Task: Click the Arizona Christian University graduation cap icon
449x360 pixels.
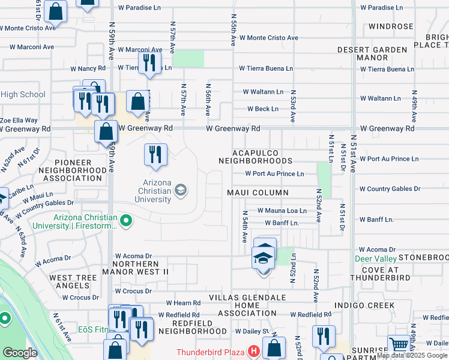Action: (x=179, y=191)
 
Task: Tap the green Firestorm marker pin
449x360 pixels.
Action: (x=126, y=222)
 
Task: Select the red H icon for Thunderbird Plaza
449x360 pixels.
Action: (x=253, y=351)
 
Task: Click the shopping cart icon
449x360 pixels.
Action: (x=398, y=345)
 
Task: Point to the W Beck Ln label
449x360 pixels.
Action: (x=264, y=109)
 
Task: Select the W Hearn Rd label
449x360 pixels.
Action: (x=182, y=303)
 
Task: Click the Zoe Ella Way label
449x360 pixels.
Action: (x=19, y=121)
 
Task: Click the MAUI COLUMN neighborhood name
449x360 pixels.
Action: (x=258, y=193)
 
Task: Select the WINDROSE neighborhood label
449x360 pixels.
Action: (x=391, y=26)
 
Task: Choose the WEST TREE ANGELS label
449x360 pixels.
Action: (x=73, y=282)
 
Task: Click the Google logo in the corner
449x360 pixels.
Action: (x=20, y=353)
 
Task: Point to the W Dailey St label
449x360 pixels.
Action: (x=254, y=331)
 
